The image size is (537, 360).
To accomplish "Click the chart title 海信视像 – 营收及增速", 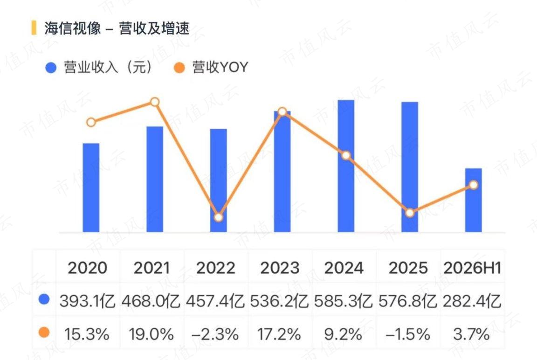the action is point(117,28).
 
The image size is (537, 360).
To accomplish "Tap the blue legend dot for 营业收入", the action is point(51,68).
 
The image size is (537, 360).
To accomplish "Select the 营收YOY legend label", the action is point(220,67).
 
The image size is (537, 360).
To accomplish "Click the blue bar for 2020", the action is point(91,188).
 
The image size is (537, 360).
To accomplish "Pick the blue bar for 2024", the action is point(346,166).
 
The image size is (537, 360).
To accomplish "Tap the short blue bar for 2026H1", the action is point(473,201).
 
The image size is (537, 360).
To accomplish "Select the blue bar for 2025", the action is point(410,167).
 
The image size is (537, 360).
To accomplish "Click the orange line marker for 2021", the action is point(155,102).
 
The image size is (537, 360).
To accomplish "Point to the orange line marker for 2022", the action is point(219,217).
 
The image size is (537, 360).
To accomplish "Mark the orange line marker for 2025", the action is point(410,213).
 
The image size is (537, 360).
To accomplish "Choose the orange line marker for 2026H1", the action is point(473,185).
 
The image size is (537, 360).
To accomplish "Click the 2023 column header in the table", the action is point(280,268).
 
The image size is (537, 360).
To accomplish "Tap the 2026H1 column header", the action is point(472,268).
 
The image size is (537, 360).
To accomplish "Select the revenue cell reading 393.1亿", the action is point(88,301).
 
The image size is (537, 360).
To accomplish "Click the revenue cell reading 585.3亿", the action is point(344,301).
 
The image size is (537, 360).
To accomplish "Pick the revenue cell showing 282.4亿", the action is point(472,301).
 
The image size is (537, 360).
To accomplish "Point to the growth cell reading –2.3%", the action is point(215,334).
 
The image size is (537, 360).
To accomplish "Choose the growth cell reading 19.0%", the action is point(151,334).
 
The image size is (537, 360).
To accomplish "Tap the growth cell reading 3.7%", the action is point(472,334).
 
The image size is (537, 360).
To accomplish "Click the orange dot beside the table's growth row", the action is point(44,332).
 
